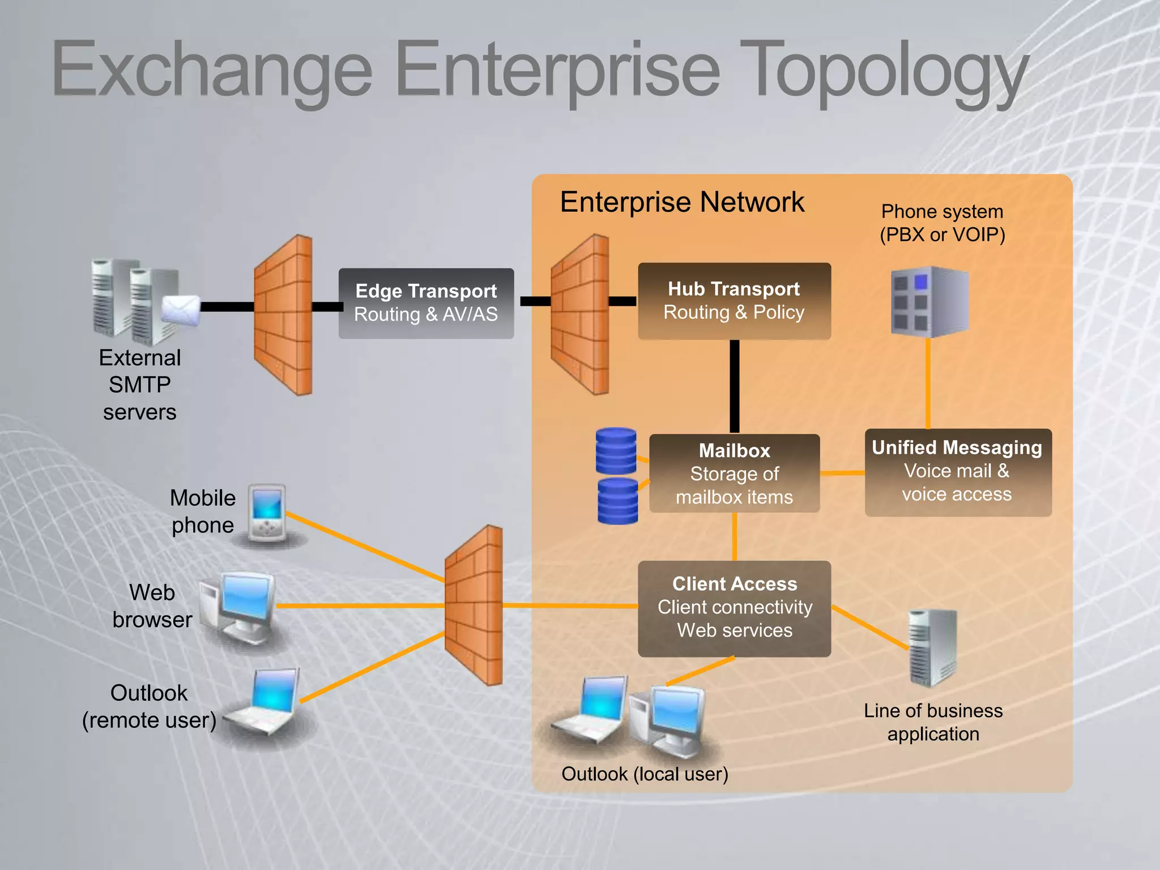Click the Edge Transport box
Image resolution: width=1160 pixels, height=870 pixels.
(x=426, y=304)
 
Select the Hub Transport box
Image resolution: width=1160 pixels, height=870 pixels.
(x=734, y=301)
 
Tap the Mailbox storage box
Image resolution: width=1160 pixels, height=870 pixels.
(x=734, y=474)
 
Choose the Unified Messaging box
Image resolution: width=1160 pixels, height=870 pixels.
(x=957, y=472)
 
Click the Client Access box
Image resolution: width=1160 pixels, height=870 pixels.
(x=734, y=608)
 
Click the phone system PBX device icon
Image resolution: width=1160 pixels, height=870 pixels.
(x=929, y=301)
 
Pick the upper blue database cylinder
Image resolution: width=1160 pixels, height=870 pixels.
(x=616, y=451)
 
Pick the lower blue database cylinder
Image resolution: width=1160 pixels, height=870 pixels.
(x=617, y=501)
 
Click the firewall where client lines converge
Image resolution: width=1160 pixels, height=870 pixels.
(x=474, y=605)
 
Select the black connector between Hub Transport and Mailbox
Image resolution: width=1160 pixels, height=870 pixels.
(x=735, y=386)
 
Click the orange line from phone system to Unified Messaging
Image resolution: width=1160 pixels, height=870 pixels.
(x=928, y=383)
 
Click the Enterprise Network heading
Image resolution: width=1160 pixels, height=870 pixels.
(x=682, y=202)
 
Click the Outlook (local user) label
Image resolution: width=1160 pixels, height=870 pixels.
(x=645, y=774)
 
